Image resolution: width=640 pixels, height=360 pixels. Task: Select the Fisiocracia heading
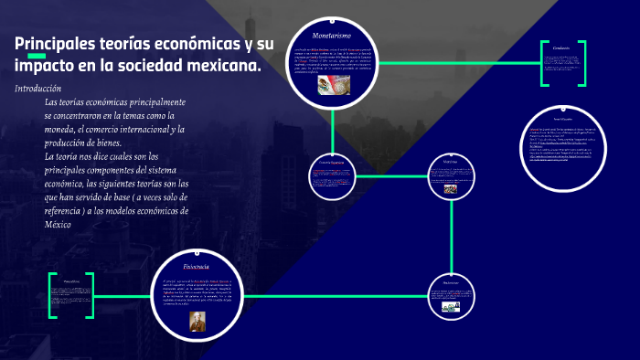coord(197,266)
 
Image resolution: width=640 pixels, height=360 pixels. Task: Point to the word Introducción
coord(38,89)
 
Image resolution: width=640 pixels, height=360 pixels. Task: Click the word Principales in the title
coord(54,45)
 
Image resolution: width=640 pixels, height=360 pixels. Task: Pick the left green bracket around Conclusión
coord(543,64)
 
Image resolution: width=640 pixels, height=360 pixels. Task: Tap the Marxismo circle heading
coord(450,162)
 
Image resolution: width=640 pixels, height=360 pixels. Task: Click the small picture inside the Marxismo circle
coord(450,190)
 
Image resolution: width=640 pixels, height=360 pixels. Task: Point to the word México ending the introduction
coord(58,224)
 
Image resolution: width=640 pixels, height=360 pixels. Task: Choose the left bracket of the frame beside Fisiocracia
coord(51,294)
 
